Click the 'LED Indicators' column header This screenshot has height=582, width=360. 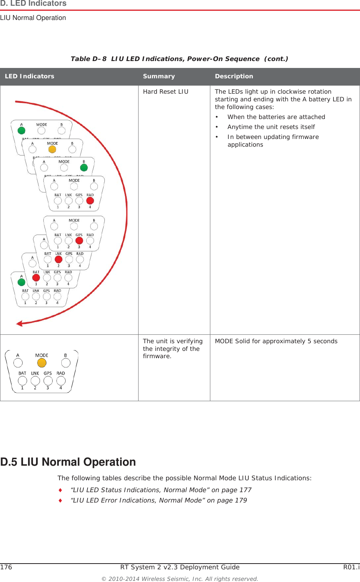click(x=30, y=76)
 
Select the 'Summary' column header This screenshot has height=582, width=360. click(x=159, y=76)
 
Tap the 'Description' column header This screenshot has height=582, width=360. click(x=234, y=76)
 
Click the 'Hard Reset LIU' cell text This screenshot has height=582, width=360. click(x=165, y=92)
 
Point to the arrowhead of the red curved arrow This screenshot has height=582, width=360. click(x=19, y=324)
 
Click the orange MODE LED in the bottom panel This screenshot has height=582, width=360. click(x=42, y=362)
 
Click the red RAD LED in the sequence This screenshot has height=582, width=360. click(x=90, y=201)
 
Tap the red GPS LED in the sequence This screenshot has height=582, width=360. click(x=79, y=241)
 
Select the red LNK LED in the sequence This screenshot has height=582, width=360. click(x=58, y=260)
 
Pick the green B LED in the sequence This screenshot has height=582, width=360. click(x=84, y=167)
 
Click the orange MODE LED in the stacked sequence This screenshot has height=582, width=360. click(x=52, y=149)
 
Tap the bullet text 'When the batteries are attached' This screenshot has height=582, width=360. click(x=276, y=117)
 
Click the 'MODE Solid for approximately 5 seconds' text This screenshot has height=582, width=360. click(x=276, y=341)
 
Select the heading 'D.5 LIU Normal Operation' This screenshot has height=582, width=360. click(x=68, y=462)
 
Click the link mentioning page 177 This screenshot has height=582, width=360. click(x=161, y=490)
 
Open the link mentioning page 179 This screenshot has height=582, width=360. click(x=159, y=500)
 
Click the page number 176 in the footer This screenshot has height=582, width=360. click(x=6, y=567)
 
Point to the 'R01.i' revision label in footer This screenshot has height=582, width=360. click(x=351, y=567)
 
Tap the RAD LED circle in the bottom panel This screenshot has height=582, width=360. click(x=61, y=380)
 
